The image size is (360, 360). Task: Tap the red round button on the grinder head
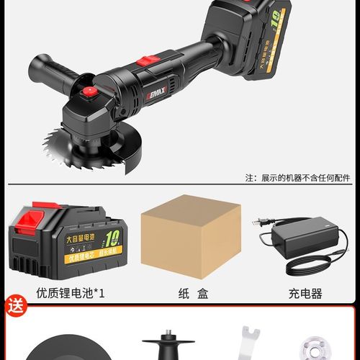pos(89,93)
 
